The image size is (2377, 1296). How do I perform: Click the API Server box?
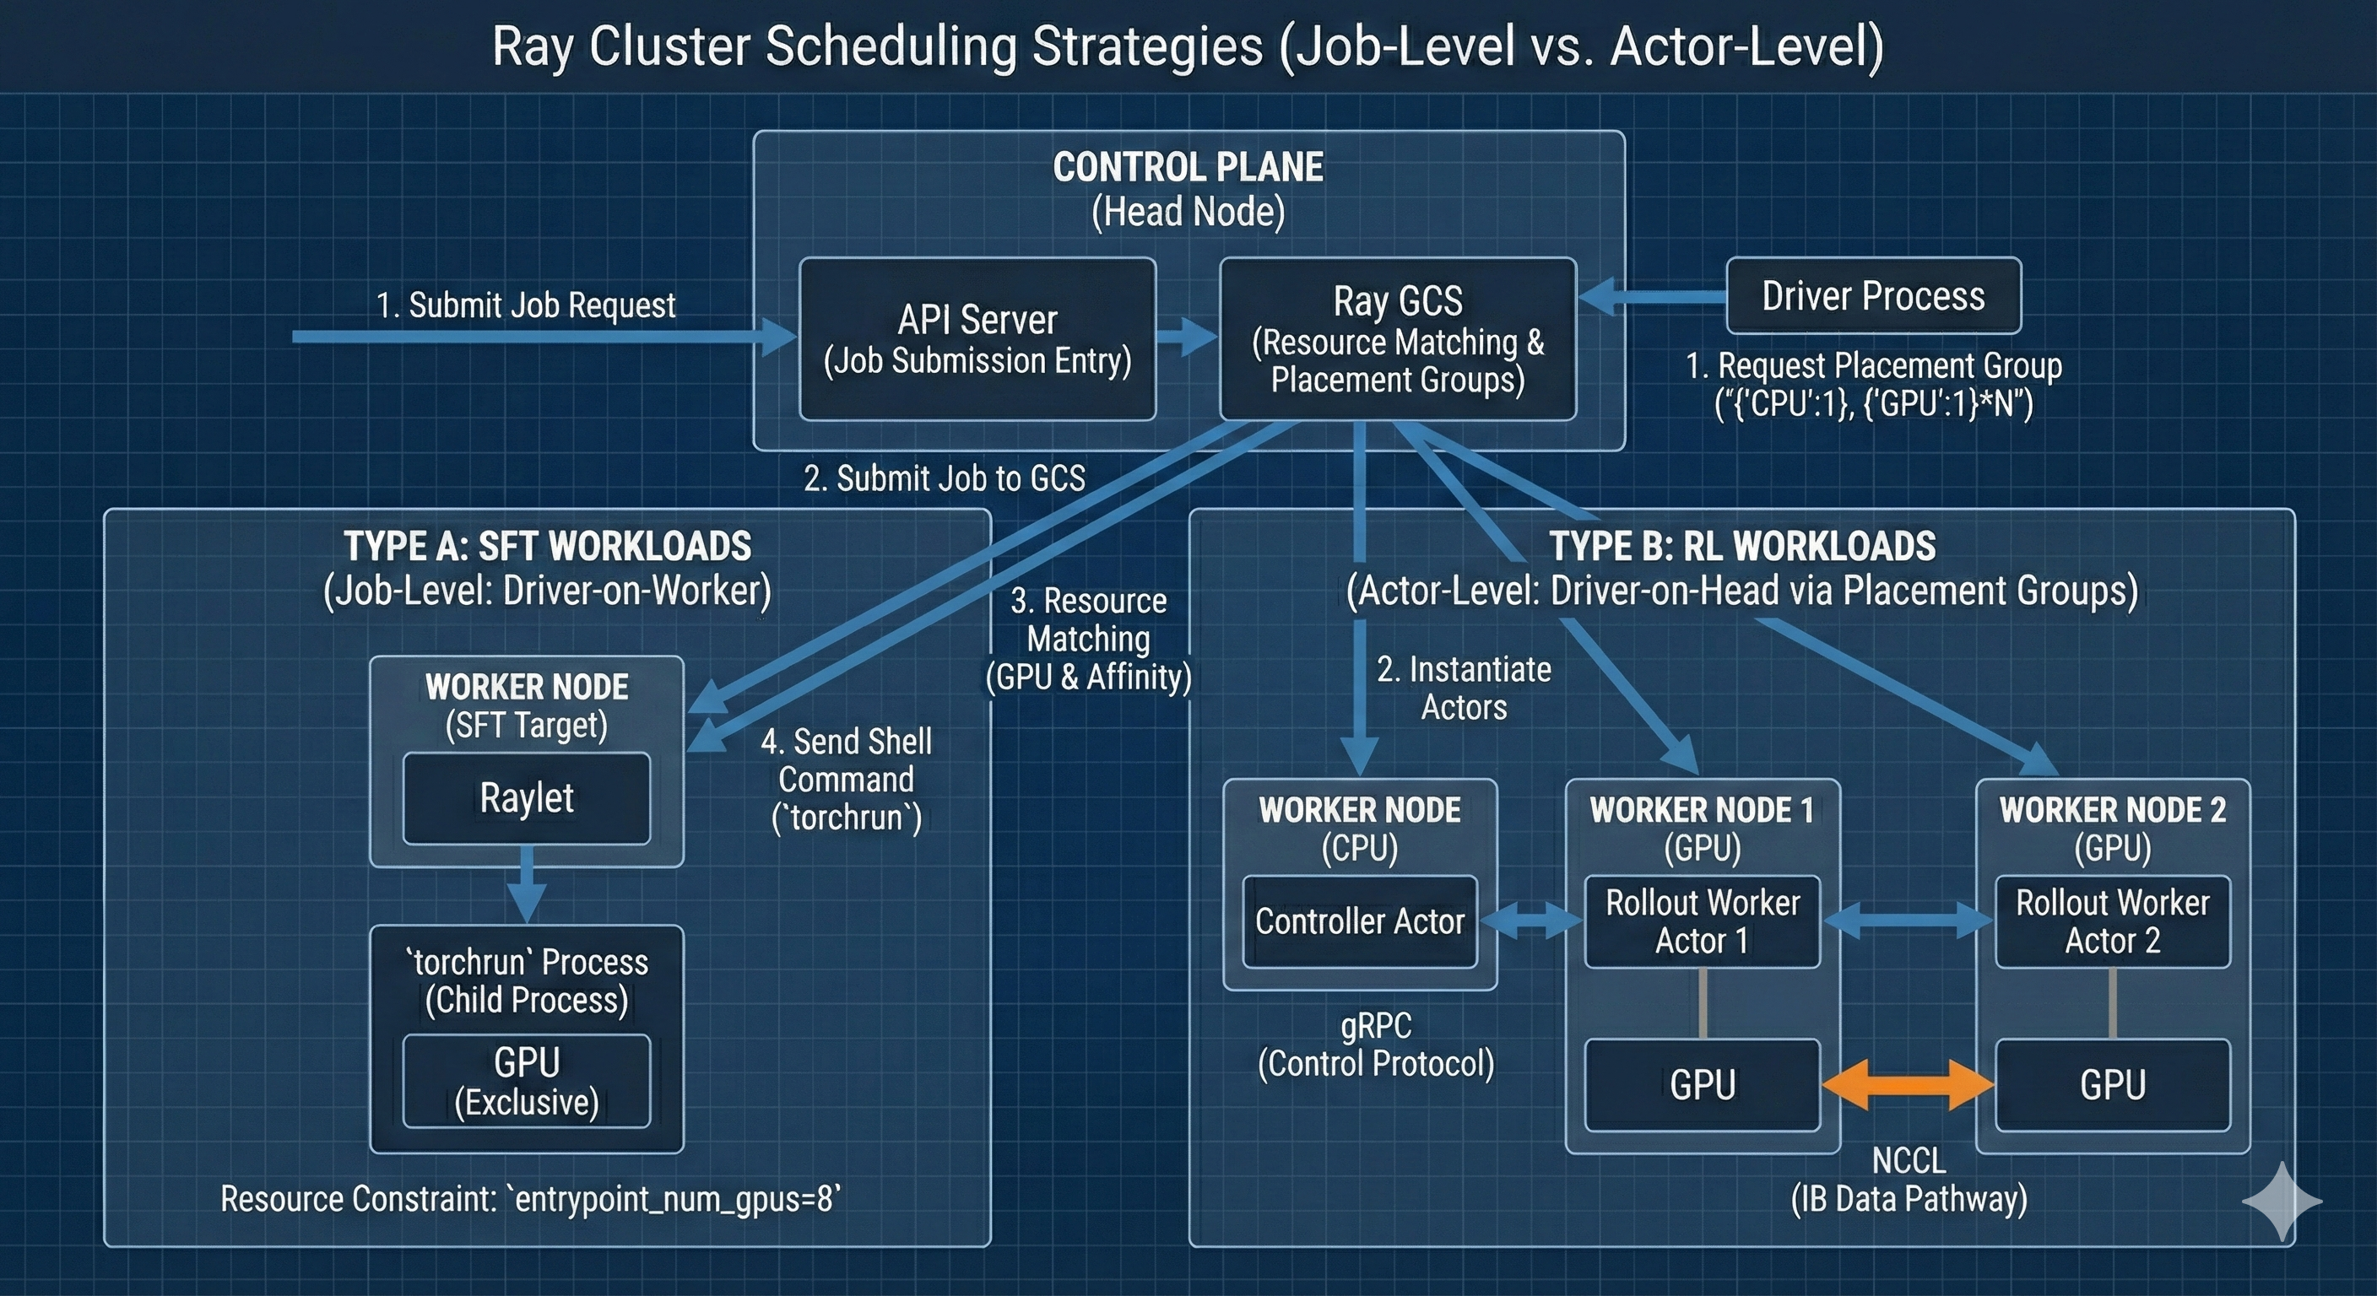pyautogui.click(x=977, y=338)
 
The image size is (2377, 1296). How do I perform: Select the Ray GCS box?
pyautogui.click(x=1397, y=338)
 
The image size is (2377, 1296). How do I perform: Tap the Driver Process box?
pyautogui.click(x=1873, y=296)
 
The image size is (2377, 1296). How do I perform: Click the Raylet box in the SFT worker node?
pyautogui.click(x=526, y=798)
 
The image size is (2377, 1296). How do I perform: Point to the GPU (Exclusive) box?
pyautogui.click(x=526, y=1080)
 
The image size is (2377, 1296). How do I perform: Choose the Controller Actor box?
pyautogui.click(x=1359, y=921)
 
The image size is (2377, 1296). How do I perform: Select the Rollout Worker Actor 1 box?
pyautogui.click(x=1702, y=921)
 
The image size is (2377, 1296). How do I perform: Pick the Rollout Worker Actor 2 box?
pyautogui.click(x=2112, y=921)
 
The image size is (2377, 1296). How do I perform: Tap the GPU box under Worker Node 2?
pyautogui.click(x=2112, y=1085)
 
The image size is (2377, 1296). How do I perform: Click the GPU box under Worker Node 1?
pyautogui.click(x=1702, y=1085)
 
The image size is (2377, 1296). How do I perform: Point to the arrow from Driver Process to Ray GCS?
pyautogui.click(x=1652, y=296)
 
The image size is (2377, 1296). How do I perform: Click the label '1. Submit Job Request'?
pyautogui.click(x=526, y=305)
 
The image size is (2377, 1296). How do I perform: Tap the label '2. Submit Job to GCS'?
pyautogui.click(x=944, y=478)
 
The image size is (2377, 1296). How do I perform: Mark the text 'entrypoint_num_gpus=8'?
pyautogui.click(x=674, y=1199)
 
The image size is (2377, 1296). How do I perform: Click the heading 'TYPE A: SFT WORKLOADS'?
pyautogui.click(x=547, y=546)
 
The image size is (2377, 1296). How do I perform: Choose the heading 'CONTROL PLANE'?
pyautogui.click(x=1188, y=167)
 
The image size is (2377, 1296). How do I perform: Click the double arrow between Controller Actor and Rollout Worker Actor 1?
pyautogui.click(x=1531, y=921)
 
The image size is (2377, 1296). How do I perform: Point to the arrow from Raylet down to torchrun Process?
pyautogui.click(x=526, y=886)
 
